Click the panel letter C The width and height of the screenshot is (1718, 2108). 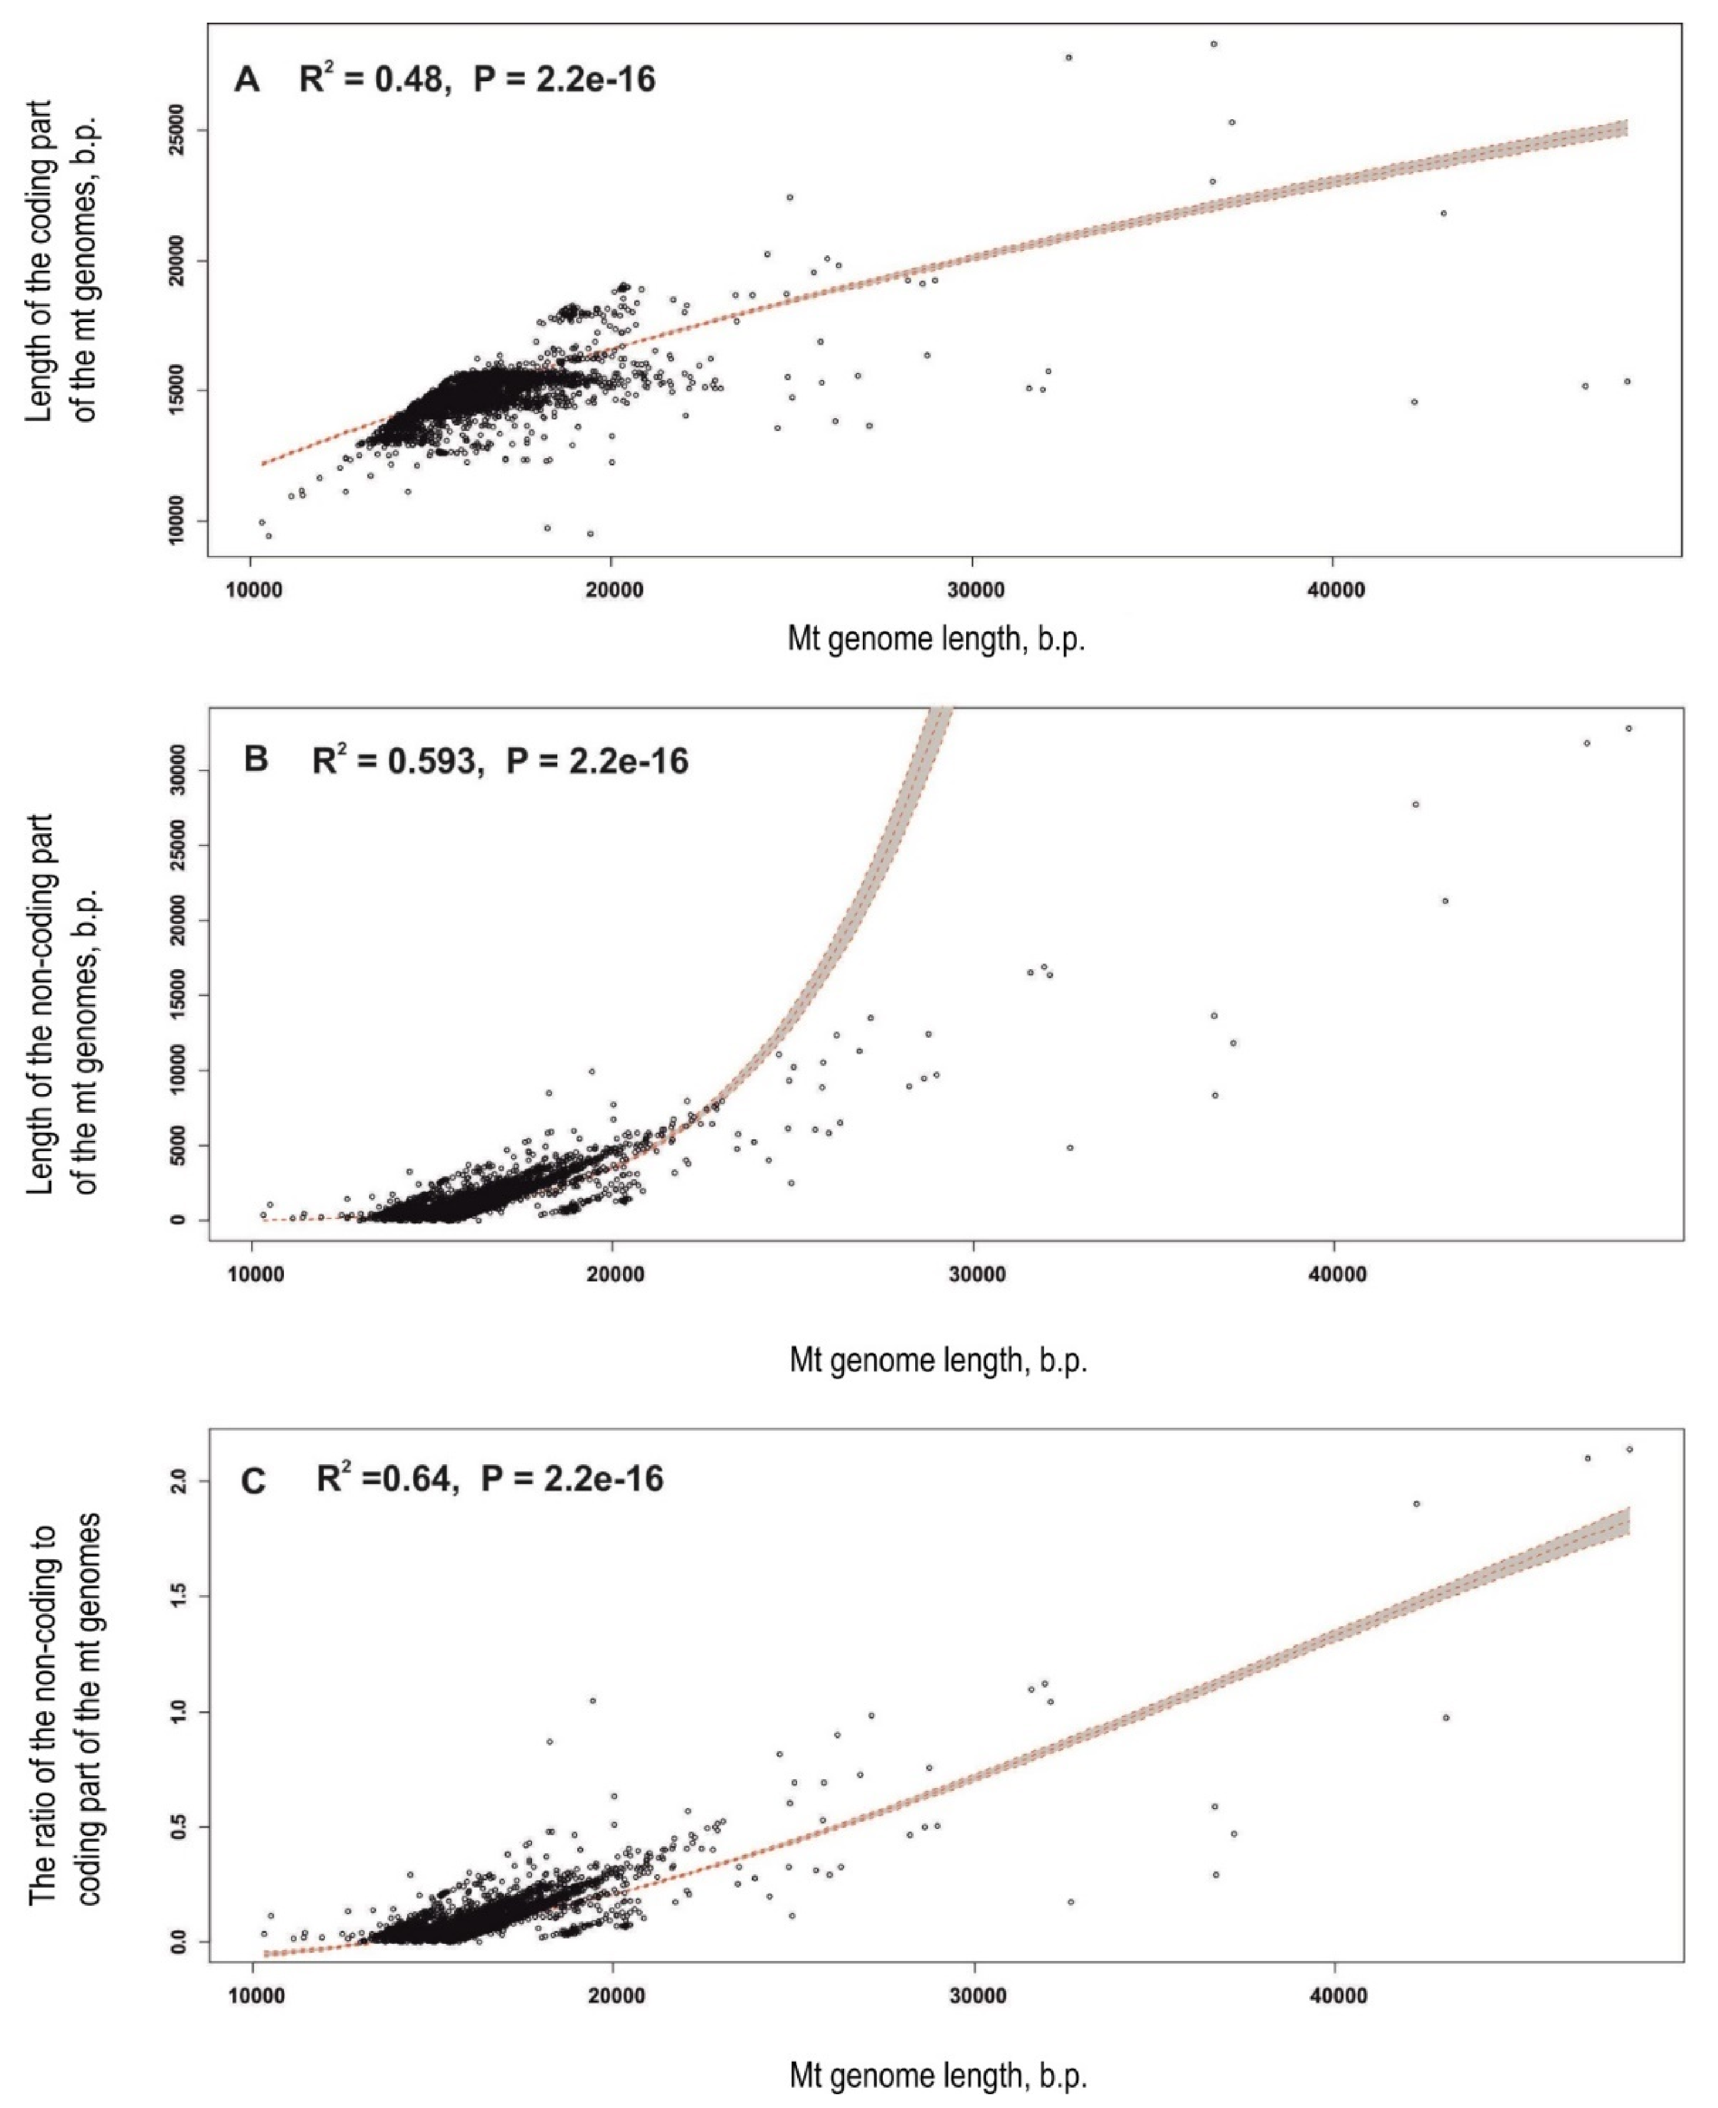(254, 1481)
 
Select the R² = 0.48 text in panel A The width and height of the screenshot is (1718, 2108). (371, 78)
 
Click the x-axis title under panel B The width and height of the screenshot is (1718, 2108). (937, 1360)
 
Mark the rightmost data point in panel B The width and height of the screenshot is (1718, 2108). (1628, 728)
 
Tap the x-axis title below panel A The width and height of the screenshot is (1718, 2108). (935, 639)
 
